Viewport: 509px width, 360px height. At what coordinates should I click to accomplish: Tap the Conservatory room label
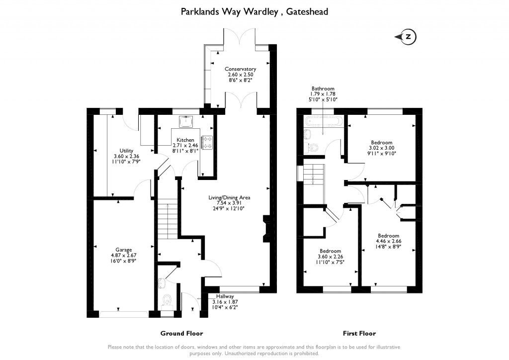pyautogui.click(x=240, y=69)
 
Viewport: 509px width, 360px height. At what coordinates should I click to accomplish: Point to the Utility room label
pyautogui.click(x=126, y=151)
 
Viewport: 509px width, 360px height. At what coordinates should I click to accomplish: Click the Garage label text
pyautogui.click(x=124, y=250)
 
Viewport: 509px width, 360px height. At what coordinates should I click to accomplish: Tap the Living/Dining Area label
pyautogui.click(x=229, y=197)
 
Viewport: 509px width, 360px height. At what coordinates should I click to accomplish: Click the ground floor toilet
pyautogui.click(x=168, y=300)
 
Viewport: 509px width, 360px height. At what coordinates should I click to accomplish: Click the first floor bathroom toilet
pyautogui.click(x=313, y=147)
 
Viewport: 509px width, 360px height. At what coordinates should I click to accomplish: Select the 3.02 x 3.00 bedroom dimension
pyautogui.click(x=381, y=148)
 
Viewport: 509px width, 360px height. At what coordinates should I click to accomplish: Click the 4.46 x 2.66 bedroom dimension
pyautogui.click(x=388, y=241)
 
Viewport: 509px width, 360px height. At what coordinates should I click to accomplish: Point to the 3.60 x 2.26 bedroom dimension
pyautogui.click(x=330, y=257)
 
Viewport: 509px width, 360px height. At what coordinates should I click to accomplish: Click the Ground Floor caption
pyautogui.click(x=181, y=333)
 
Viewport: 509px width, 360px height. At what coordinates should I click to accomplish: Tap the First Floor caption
pyautogui.click(x=359, y=333)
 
